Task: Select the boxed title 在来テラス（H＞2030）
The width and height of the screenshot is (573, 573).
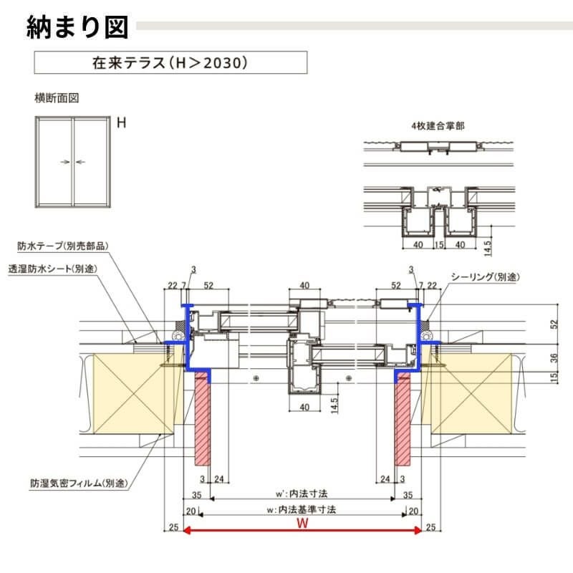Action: pos(170,62)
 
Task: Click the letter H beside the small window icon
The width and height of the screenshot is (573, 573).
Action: pos(122,123)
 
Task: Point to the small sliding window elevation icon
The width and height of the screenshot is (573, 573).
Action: pos(72,162)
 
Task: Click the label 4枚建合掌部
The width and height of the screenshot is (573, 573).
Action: pos(438,125)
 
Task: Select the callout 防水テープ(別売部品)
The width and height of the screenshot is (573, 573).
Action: pos(64,246)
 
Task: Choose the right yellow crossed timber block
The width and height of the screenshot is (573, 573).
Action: pos(473,393)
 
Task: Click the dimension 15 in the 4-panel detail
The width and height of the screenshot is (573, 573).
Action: pos(438,245)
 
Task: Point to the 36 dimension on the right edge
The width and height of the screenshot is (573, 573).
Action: pos(553,357)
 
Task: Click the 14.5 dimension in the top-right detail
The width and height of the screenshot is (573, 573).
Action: pos(488,247)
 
